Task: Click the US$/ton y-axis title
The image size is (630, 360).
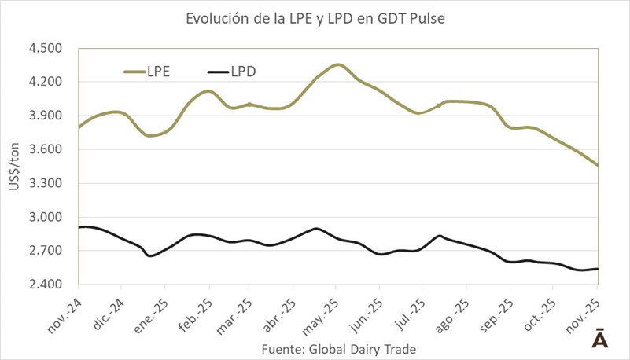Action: (16, 166)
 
